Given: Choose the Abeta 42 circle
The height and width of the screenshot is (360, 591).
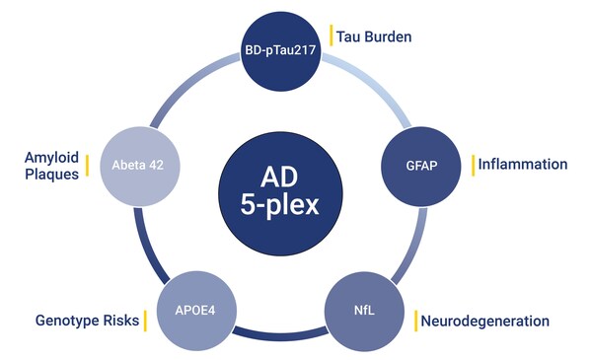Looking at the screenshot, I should coord(151,164).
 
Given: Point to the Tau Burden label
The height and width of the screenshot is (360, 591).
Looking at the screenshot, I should coord(374,36).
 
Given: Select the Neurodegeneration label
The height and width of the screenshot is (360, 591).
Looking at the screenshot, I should coord(484,321).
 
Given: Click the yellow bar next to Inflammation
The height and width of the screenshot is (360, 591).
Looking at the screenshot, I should coord(472,164).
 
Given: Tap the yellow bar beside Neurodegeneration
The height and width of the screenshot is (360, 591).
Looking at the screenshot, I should coord(414,321).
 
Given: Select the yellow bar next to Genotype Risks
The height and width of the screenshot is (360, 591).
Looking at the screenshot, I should coord(144,321).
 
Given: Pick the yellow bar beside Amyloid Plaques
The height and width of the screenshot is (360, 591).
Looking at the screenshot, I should coord(87,165).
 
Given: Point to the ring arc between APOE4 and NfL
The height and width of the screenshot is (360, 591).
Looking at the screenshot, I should coord(283,332).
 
